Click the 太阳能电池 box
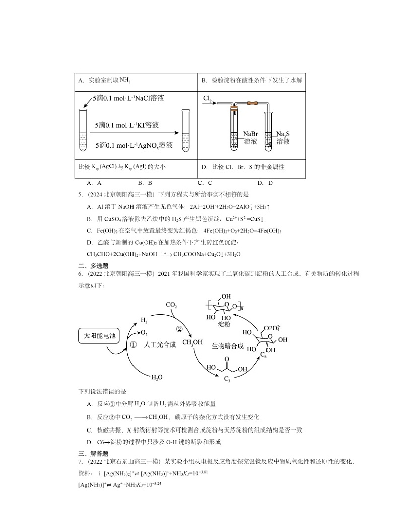click(99, 335)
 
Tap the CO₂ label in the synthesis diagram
click(171, 305)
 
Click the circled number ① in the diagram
click(134, 345)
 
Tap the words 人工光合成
click(156, 345)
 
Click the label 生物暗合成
click(227, 346)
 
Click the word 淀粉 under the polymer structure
click(224, 325)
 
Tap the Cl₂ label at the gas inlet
click(207, 98)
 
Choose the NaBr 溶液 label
click(250, 138)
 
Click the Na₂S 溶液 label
click(283, 138)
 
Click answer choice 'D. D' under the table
click(264, 183)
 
